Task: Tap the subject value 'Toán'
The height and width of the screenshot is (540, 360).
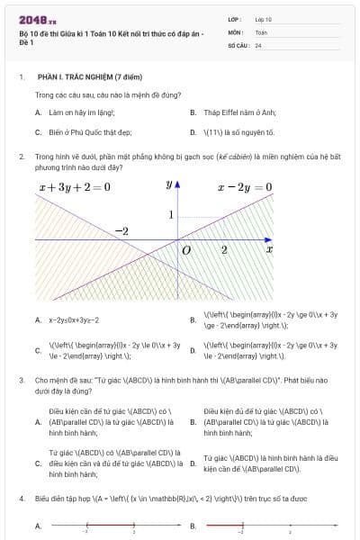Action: (x=261, y=31)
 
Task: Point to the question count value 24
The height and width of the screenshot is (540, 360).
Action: (x=258, y=44)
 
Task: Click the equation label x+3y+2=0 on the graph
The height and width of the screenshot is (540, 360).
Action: (x=75, y=188)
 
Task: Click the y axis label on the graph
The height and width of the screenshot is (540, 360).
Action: (x=168, y=185)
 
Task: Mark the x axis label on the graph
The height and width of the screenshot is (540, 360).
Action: (x=269, y=247)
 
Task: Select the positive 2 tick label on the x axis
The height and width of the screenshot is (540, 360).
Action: (x=224, y=248)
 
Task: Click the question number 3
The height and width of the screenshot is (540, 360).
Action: (x=21, y=381)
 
